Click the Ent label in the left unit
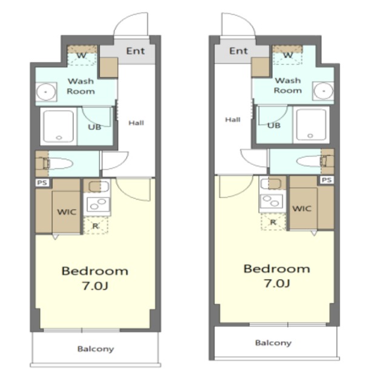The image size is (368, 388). [135, 51]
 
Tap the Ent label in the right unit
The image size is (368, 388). [238, 51]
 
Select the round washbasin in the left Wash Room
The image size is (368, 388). [46, 92]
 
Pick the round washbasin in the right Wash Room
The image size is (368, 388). [324, 91]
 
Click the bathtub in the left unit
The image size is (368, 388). [59, 126]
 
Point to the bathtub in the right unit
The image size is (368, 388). [311, 125]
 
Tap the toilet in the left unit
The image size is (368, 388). [55, 164]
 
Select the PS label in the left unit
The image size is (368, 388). [42, 182]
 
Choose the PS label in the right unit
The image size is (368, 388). [326, 180]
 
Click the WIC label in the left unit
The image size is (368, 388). [67, 212]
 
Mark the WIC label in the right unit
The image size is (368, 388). [302, 209]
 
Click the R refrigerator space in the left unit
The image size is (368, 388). [96, 226]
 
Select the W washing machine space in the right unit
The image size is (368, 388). [287, 55]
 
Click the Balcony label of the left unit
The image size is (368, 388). [96, 349]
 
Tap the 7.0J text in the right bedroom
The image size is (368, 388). [277, 283]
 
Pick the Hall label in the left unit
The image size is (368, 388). [136, 123]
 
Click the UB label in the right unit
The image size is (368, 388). [274, 125]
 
